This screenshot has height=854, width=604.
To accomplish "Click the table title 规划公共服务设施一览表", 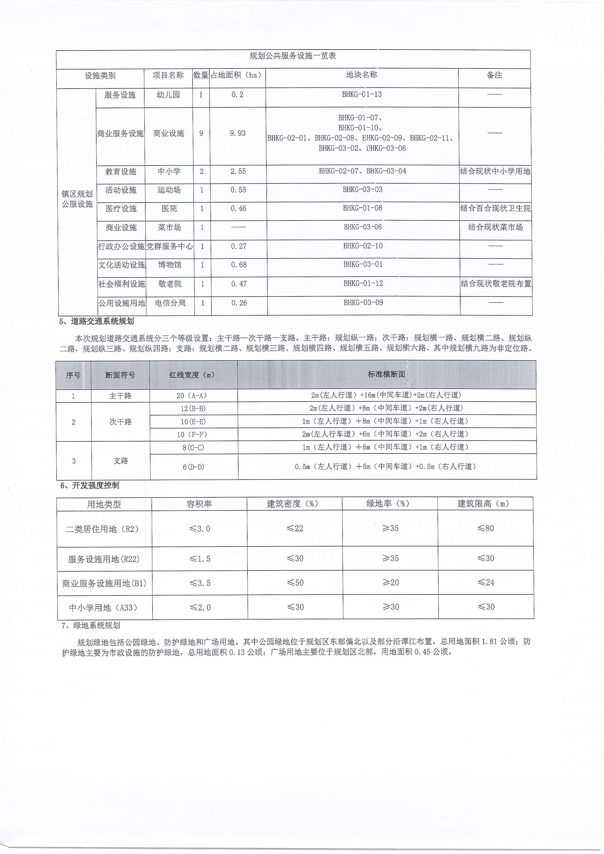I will coord(293,56).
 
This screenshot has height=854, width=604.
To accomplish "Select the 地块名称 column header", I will coord(362,75).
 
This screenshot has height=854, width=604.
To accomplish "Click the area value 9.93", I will coord(238,133).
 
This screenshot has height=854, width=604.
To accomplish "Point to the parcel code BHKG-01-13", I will coord(362,95).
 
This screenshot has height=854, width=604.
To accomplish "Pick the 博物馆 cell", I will coord(170,265).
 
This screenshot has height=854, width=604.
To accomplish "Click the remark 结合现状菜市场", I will coord(495,227).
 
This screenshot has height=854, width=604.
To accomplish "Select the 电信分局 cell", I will coord(170,303).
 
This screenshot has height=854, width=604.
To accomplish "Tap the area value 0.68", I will coord(239,265).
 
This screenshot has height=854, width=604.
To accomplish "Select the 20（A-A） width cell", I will coord(192,396).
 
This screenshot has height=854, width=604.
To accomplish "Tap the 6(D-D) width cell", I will coord(193,467).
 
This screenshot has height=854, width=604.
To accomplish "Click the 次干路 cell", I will coord(121,422).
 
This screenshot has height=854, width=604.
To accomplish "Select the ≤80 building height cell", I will coord(485,528).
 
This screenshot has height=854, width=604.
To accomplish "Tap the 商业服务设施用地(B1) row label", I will coord(104,583).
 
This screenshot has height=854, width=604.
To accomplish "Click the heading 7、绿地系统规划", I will coord(91,625).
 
